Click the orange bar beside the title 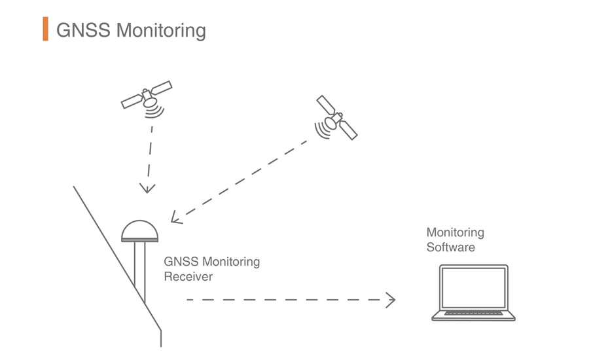pyautogui.click(x=45, y=29)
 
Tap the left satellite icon pyautogui.click(x=147, y=96)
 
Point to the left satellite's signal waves pyautogui.click(x=154, y=113)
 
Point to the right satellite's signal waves pyautogui.click(x=322, y=131)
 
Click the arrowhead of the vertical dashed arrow pyautogui.click(x=147, y=189)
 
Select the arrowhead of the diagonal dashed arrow pyautogui.click(x=175, y=218)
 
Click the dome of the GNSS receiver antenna pyautogui.click(x=139, y=230)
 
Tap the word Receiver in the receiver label pyautogui.click(x=188, y=277)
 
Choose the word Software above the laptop pyautogui.click(x=450, y=247)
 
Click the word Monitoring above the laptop pyautogui.click(x=455, y=232)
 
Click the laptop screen pyautogui.click(x=473, y=287)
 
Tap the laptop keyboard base pyautogui.click(x=473, y=316)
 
